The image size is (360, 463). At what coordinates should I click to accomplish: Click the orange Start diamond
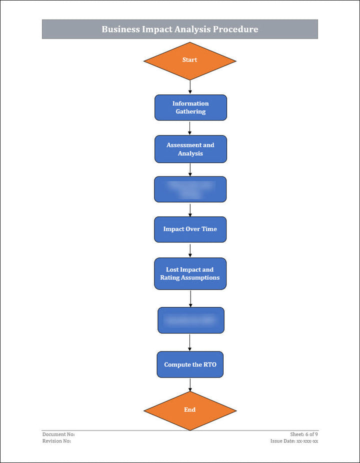[189, 60]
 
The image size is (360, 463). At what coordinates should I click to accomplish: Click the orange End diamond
[189, 410]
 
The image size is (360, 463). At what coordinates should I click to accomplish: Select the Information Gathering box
[190, 107]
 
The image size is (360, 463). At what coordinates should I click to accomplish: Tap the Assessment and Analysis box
[190, 149]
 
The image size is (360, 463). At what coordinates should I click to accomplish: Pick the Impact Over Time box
[190, 229]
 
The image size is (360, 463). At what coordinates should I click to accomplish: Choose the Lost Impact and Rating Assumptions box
[190, 273]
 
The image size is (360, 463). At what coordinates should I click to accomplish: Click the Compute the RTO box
[190, 364]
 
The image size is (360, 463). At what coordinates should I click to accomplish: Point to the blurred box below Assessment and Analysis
[190, 189]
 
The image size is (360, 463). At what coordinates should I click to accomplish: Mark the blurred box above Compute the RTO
[190, 320]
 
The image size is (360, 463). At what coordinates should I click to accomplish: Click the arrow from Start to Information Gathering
[190, 87]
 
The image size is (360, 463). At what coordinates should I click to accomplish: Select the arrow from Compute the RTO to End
[190, 384]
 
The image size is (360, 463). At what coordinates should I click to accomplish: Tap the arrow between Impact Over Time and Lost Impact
[190, 250]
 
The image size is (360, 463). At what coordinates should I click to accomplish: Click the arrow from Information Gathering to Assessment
[190, 128]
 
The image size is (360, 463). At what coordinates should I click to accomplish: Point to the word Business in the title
[120, 29]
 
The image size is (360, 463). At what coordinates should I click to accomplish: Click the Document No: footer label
[58, 434]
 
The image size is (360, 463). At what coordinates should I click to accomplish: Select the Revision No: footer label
[56, 441]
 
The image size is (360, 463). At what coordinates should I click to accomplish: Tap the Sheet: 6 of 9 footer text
[304, 434]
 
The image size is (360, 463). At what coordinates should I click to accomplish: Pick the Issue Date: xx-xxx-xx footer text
[294, 441]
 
